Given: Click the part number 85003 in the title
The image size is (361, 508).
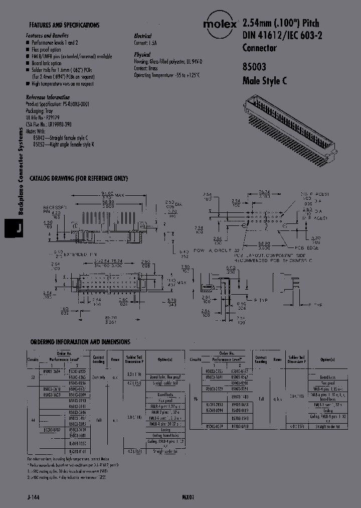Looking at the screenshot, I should click(x=254, y=66).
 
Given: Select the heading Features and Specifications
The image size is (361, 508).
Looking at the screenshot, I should click(x=64, y=25).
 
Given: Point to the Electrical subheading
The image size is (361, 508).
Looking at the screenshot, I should click(x=142, y=36).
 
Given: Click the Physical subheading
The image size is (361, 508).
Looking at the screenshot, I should click(x=142, y=54).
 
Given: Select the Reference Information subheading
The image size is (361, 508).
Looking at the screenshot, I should click(x=48, y=97).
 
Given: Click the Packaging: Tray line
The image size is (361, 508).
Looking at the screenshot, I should click(x=40, y=110).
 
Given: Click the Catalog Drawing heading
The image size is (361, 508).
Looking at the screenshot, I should click(x=79, y=179).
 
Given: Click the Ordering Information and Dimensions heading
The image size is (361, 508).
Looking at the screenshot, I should click(x=80, y=342).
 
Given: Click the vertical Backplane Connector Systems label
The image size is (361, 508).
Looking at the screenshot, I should click(x=21, y=171).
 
